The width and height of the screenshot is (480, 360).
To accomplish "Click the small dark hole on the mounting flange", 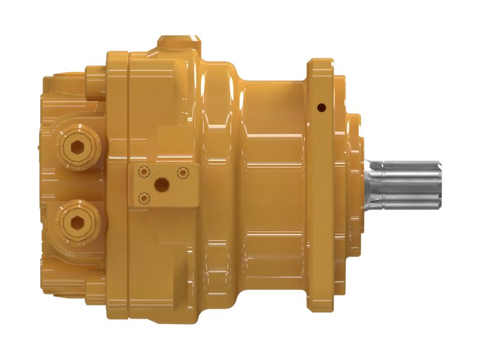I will coord(321,108).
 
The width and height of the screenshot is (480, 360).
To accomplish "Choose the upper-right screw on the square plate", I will coord(183,173).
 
